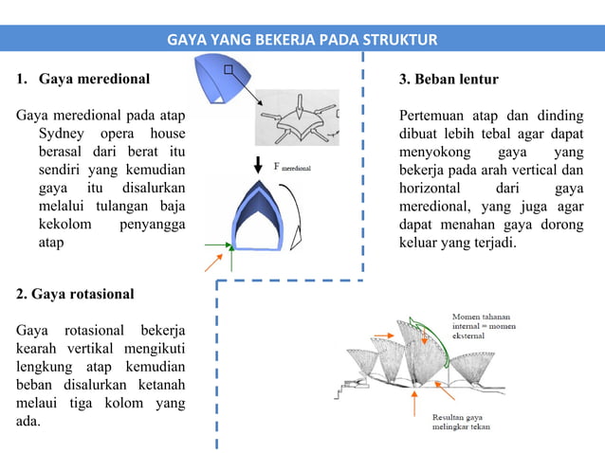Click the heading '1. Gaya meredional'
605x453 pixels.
click(82, 78)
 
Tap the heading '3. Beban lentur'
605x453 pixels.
click(449, 78)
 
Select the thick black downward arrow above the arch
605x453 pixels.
click(258, 163)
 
